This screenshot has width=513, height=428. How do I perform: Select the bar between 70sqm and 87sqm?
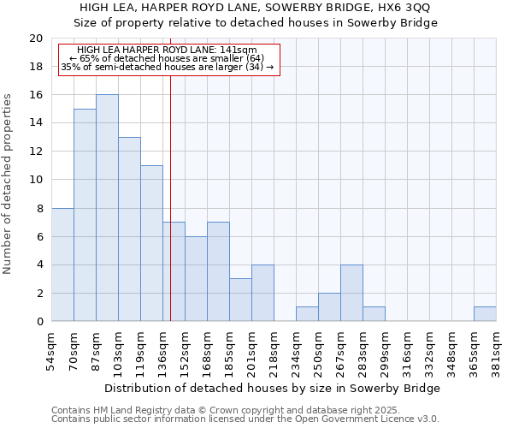[85, 215]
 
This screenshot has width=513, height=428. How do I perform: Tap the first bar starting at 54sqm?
[62, 265]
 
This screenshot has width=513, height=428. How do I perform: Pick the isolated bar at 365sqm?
[485, 314]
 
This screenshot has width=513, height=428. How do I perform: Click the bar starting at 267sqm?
[351, 293]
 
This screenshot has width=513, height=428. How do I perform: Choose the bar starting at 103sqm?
[129, 229]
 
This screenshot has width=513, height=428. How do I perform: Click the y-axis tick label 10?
[36, 180]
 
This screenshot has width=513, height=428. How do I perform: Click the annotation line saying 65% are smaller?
[166, 58]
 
